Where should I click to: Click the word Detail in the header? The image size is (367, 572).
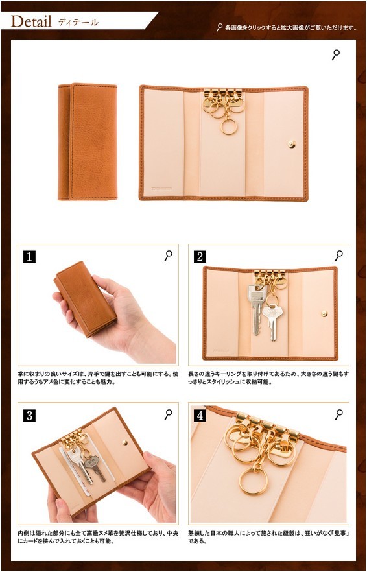pos(31,21)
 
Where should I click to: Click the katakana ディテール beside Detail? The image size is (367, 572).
pos(78,22)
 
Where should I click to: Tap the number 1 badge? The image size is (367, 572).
pos(29,257)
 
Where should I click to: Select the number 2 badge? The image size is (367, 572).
pos(200,257)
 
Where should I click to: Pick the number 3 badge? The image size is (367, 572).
pos(29,416)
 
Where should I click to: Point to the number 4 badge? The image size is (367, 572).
pos(200,416)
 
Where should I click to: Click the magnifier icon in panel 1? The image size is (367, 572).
pos(168,256)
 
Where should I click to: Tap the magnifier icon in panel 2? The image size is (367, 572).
pos(339,256)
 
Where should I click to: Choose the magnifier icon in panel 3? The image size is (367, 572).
pos(168,414)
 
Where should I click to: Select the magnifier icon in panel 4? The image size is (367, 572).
pos(339,414)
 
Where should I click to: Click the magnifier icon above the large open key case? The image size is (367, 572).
pos(336,54)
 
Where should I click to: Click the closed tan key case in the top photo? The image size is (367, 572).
pos(88,142)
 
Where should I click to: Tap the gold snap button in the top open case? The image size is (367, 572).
pos(291,144)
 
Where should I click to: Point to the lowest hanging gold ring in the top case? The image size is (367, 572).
pos(229,126)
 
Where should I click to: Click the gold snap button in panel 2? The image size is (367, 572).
pos(324,313)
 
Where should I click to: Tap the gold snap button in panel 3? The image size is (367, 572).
pos(125,442)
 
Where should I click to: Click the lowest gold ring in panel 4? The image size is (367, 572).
pos(253,481)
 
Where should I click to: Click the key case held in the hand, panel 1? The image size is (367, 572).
pos(85,298)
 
